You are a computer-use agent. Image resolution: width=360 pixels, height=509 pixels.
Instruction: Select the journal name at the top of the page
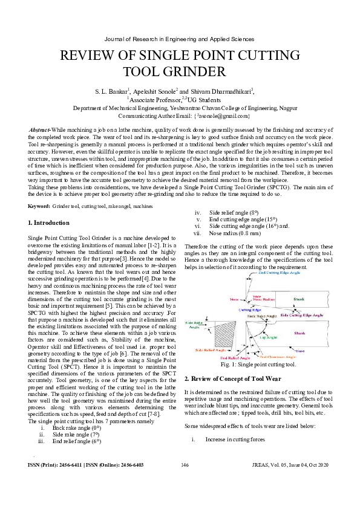(180, 38)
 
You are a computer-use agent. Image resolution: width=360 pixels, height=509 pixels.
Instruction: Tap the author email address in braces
(218, 115)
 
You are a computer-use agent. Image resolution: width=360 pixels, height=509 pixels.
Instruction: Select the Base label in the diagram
(317, 351)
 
